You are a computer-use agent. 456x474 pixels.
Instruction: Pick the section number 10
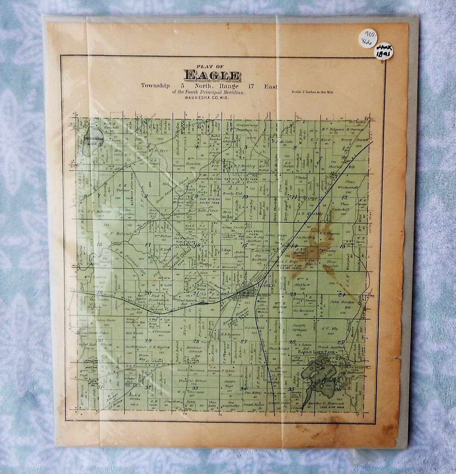[x=245, y=196]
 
